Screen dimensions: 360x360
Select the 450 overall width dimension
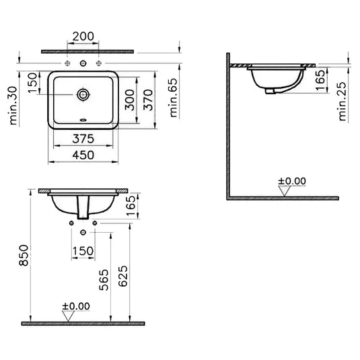(x=83, y=155)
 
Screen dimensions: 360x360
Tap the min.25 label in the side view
(x=343, y=101)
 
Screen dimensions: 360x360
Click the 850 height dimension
(x=22, y=256)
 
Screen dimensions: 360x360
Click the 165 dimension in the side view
(x=322, y=81)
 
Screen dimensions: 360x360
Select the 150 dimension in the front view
(x=83, y=250)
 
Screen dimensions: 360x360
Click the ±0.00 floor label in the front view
(x=75, y=307)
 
